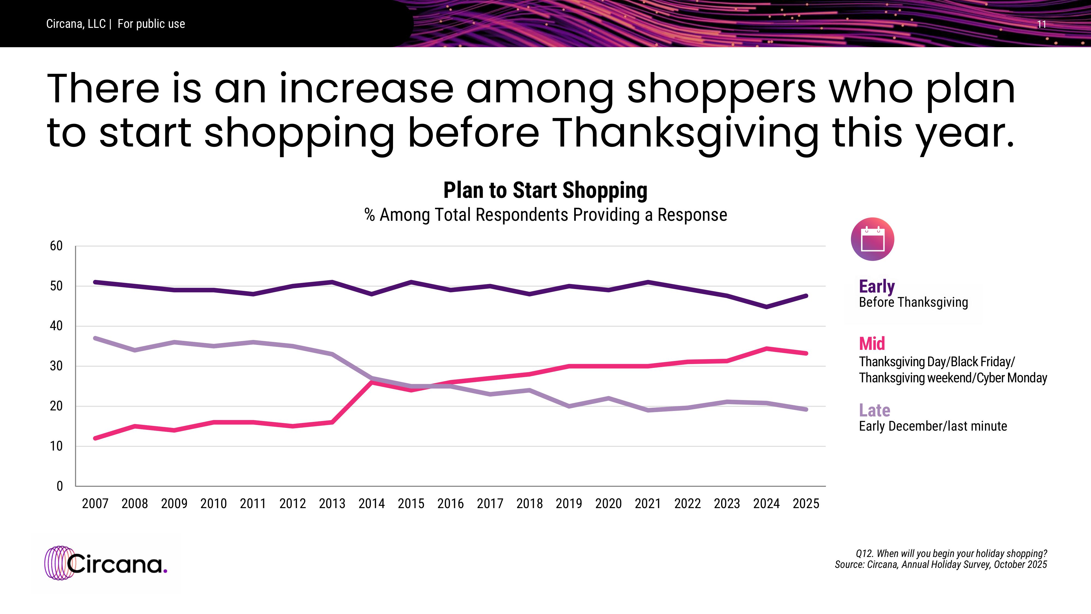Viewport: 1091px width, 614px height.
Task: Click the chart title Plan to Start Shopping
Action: coord(545,190)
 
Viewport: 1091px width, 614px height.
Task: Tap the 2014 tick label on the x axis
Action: coord(371,503)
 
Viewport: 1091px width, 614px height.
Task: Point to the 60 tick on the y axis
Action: coord(56,246)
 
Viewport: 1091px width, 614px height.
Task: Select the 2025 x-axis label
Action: coord(805,503)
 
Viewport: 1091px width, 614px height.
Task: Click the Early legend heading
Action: coord(877,287)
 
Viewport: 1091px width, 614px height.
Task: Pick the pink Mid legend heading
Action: coord(872,343)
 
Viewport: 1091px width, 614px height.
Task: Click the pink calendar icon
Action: coord(873,239)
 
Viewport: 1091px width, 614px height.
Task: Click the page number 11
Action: coord(1041,25)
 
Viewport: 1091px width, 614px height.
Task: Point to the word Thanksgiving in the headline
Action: coord(686,133)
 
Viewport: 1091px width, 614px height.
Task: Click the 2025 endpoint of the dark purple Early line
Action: coord(805,296)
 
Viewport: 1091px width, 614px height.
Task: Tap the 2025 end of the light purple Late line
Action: coord(805,409)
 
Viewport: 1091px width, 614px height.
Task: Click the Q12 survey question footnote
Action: coord(951,553)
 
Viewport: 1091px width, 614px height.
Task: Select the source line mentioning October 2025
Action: coord(941,564)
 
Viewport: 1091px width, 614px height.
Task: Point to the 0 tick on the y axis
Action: coord(60,486)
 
